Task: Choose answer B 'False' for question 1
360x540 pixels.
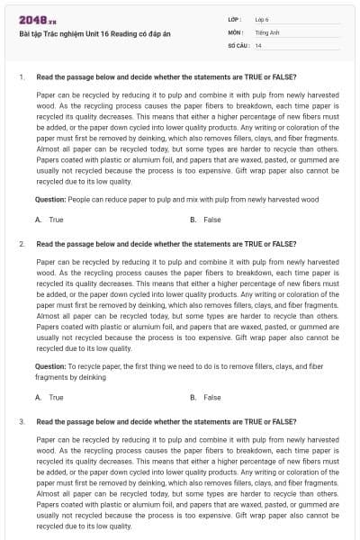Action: (211, 220)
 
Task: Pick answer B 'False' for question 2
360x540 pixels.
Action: (211, 397)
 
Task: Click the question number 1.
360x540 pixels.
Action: (21, 77)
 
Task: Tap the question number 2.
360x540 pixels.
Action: (21, 243)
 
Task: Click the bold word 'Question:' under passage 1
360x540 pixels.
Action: (49, 199)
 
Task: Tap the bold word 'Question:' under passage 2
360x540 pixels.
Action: (49, 366)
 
